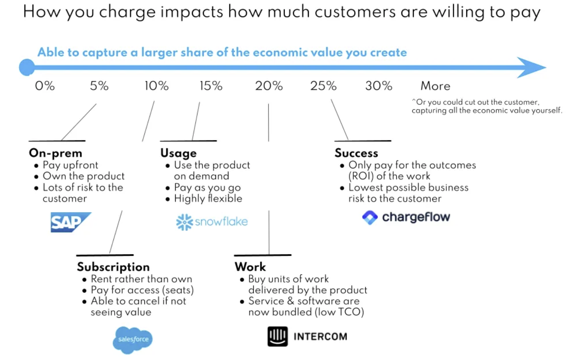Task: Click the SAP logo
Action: click(x=71, y=222)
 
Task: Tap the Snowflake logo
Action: click(x=212, y=222)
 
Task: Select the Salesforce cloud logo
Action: click(x=132, y=340)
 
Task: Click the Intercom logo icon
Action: click(x=277, y=336)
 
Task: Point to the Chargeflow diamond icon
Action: click(x=370, y=218)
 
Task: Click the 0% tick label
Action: click(x=45, y=86)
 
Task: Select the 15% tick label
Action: click(x=211, y=86)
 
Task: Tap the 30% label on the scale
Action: click(x=379, y=86)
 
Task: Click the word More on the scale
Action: click(x=435, y=86)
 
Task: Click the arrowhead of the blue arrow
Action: click(x=532, y=67)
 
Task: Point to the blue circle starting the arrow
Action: click(x=27, y=67)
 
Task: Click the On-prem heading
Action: click(x=55, y=153)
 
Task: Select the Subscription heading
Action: click(x=113, y=267)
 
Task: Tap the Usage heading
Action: click(x=178, y=153)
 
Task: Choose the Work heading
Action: click(x=250, y=267)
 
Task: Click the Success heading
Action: click(x=356, y=153)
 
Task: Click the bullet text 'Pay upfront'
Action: click(x=70, y=165)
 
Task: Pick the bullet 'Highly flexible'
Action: click(x=208, y=199)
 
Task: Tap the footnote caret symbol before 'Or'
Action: click(x=414, y=101)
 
